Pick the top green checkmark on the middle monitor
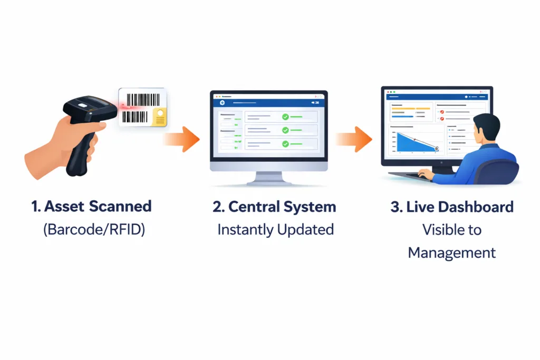pos(285,116)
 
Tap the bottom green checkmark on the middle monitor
pos(285,143)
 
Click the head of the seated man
pos(486,130)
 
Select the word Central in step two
pos(254,206)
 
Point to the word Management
pos(452,252)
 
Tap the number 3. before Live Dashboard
pos(396,206)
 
